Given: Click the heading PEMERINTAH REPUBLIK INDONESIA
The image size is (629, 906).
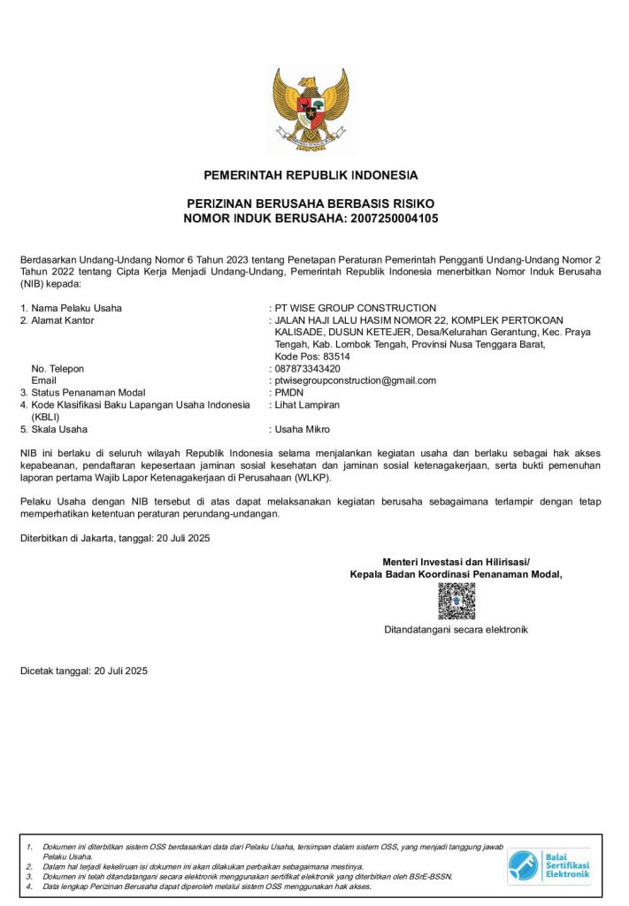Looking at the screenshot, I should [311, 175].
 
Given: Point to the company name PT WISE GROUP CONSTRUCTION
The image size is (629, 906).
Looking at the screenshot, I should [356, 308].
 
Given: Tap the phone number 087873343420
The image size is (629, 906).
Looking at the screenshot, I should [308, 368].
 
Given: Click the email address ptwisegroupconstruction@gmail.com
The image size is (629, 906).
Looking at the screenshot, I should [356, 380].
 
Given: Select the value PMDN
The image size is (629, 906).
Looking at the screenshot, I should [289, 392].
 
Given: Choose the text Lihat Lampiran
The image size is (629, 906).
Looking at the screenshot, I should [307, 404].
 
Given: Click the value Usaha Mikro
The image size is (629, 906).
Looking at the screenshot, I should [303, 429].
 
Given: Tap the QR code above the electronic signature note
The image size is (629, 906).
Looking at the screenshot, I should [456, 602].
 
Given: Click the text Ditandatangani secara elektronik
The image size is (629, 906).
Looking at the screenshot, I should [456, 630].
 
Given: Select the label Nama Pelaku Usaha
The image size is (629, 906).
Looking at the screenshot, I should [76, 308].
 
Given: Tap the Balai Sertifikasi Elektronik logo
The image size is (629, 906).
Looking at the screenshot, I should [549, 865].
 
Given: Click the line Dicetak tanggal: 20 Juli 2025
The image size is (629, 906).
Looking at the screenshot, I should [84, 671].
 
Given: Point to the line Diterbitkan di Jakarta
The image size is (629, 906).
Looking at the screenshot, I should [115, 538].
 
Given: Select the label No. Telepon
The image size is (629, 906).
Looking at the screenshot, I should [58, 368].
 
